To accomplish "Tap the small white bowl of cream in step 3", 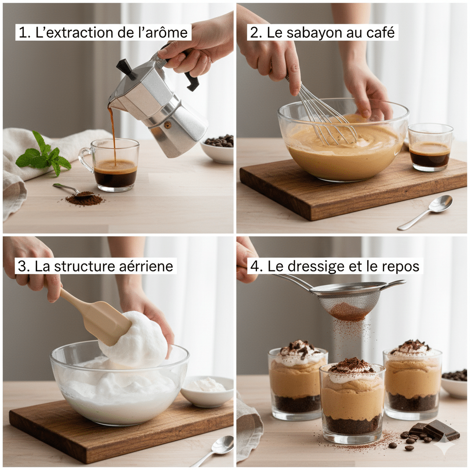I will coord(207,391).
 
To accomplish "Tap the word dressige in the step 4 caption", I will coord(324,267).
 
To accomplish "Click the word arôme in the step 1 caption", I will coord(166,33).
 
